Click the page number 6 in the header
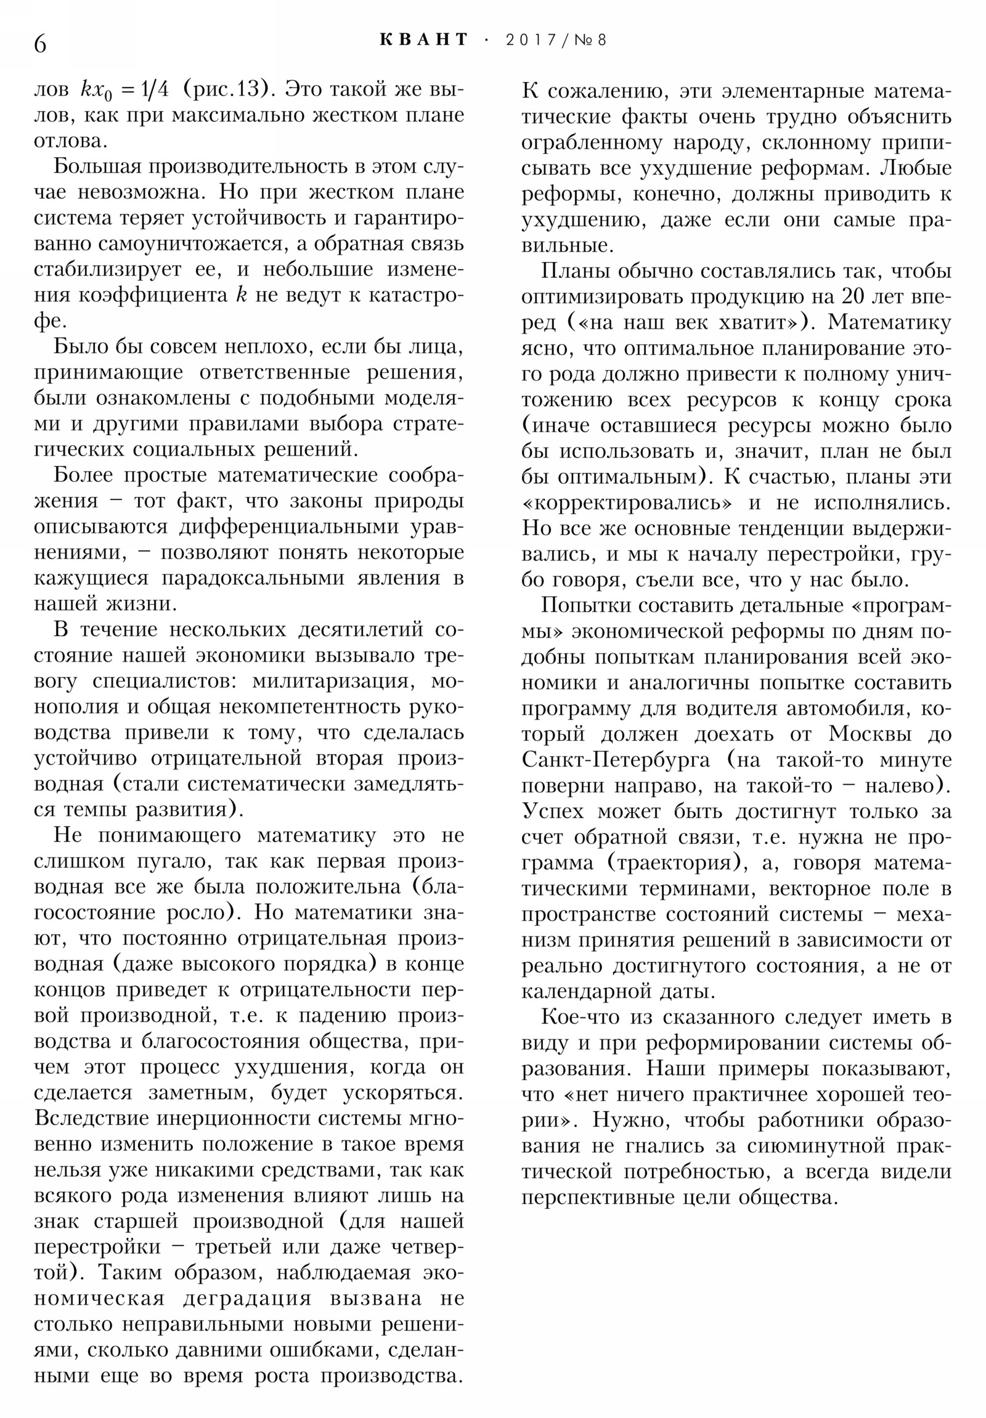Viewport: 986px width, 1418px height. tap(40, 44)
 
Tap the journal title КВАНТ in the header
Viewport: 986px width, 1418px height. tap(423, 40)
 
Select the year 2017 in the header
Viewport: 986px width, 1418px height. tap(529, 40)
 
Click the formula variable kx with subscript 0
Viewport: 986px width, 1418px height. tap(94, 91)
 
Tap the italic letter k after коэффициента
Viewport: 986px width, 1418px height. tap(242, 295)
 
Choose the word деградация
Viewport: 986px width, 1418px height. tap(247, 1298)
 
